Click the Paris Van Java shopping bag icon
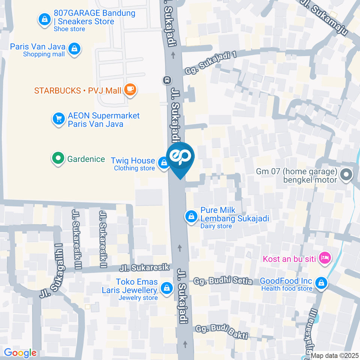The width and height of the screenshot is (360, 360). click(x=75, y=49)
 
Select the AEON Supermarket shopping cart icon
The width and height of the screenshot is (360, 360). click(x=58, y=119)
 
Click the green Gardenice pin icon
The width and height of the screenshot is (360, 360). click(x=58, y=159)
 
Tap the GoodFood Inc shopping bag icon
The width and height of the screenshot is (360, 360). click(x=321, y=283)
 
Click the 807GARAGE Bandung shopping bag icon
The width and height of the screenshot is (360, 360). click(x=45, y=19)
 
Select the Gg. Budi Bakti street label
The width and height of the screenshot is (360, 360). click(x=222, y=331)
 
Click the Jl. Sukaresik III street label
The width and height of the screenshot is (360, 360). click(x=77, y=238)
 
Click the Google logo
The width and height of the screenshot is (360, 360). click(x=20, y=352)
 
